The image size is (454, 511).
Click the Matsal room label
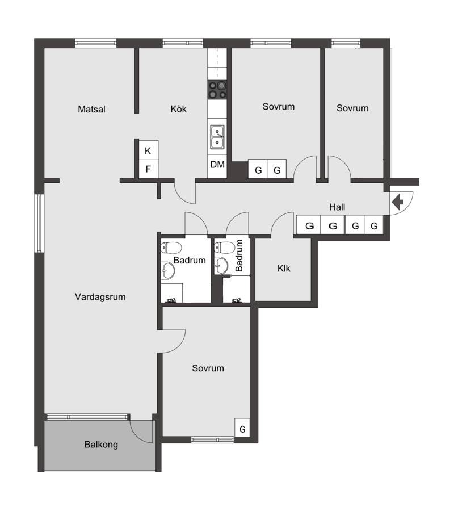point(91,109)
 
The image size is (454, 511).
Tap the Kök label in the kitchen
point(178,108)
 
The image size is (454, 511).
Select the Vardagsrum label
point(100,297)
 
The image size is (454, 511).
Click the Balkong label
point(101,445)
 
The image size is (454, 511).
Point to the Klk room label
point(284,268)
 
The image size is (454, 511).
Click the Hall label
point(337,207)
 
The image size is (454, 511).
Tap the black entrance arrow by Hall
point(397,202)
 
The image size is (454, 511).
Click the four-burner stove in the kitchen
point(217,90)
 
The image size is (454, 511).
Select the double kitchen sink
point(217,137)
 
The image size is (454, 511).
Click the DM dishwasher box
point(217,165)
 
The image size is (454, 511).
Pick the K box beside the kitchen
point(149,150)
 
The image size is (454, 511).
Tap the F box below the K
point(149,169)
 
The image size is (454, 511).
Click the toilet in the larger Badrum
point(171,248)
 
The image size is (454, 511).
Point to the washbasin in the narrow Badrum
point(221,266)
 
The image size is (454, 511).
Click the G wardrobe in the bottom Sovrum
point(242,427)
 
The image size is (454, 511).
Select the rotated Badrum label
point(239,256)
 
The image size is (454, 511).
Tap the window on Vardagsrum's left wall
point(39,223)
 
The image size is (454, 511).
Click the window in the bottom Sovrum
point(212,440)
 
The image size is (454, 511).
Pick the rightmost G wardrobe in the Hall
point(374,225)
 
